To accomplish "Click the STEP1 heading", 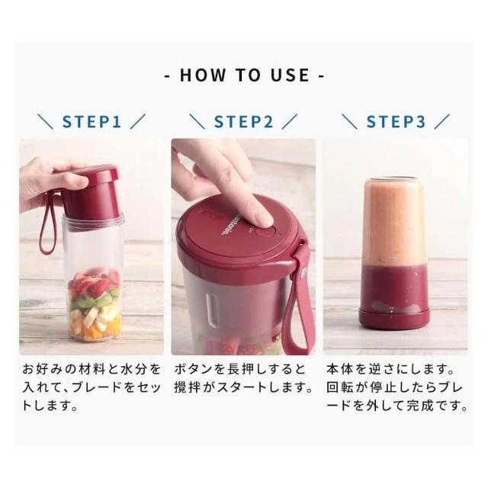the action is click(91, 122).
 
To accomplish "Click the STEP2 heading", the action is click(243, 122).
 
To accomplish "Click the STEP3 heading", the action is click(396, 122).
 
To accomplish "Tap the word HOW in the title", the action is click(203, 75).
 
